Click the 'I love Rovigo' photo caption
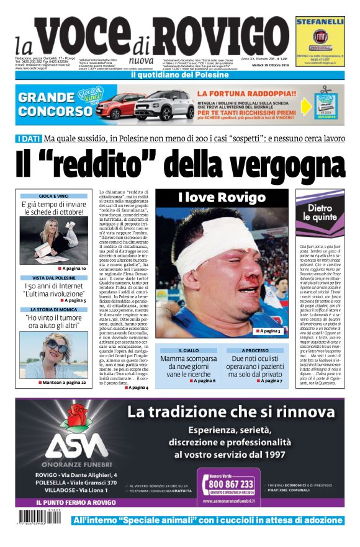pyautogui.click(x=217, y=198)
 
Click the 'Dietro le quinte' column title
pyautogui.click(x=320, y=213)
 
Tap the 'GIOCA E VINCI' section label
pyautogui.click(x=54, y=196)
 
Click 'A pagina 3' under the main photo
pyautogui.click(x=268, y=331)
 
